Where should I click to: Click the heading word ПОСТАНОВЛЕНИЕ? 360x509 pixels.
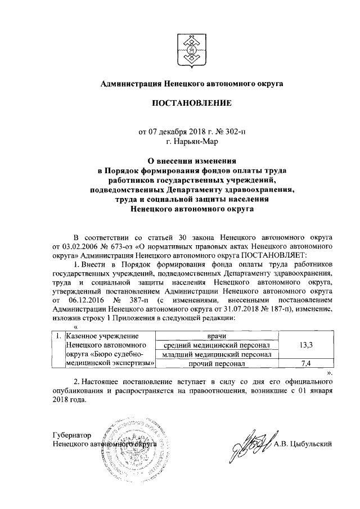pyautogui.click(x=191, y=104)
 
